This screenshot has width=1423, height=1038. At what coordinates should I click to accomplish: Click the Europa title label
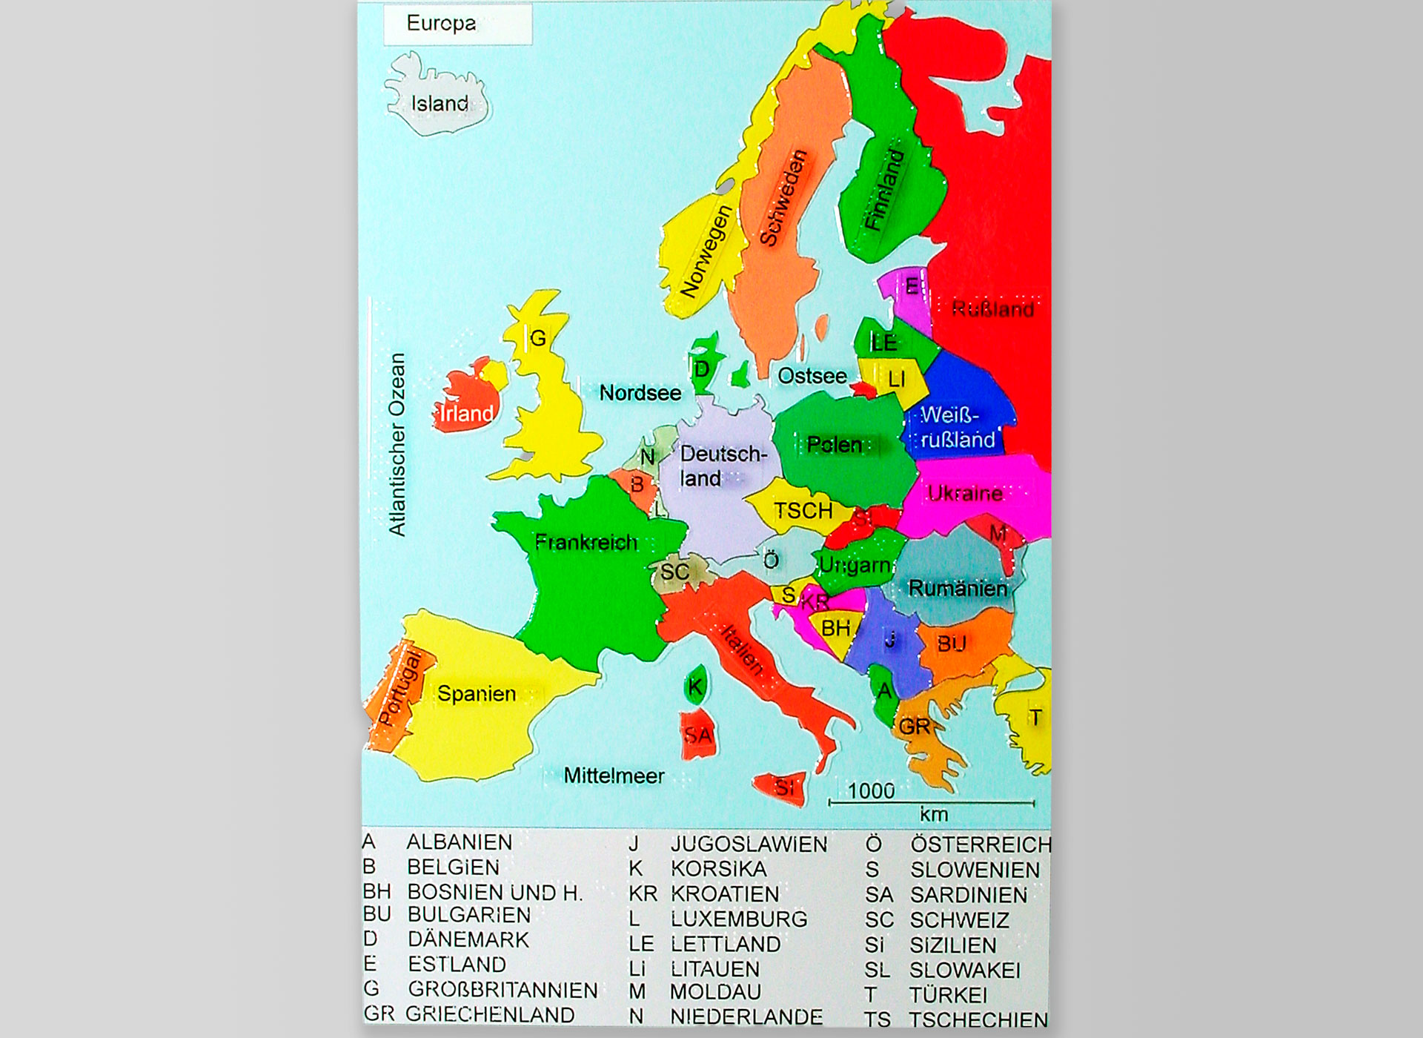click(x=441, y=24)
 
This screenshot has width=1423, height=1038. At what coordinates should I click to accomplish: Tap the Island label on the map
click(x=439, y=104)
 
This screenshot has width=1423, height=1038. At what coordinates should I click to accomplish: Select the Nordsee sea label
click(x=640, y=393)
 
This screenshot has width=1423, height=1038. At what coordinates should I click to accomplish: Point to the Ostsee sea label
click(x=812, y=376)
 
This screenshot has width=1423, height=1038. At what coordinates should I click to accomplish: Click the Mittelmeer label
click(x=614, y=776)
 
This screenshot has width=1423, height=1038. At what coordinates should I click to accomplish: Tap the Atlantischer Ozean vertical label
click(x=397, y=444)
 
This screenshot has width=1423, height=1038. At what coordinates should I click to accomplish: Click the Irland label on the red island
click(x=466, y=413)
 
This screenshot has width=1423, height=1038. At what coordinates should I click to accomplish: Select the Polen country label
click(x=835, y=445)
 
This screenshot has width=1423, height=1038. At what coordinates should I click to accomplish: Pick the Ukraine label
click(x=965, y=493)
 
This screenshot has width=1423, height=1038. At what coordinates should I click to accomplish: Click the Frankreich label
click(x=586, y=543)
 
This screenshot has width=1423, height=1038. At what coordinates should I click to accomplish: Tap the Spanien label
click(x=476, y=694)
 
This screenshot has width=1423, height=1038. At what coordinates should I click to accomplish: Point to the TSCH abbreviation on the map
click(x=803, y=511)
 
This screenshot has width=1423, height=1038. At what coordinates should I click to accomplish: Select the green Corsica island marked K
click(x=695, y=687)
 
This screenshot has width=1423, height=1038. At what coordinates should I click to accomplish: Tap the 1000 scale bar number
click(x=871, y=791)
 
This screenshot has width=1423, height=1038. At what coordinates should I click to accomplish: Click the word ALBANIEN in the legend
click(x=459, y=842)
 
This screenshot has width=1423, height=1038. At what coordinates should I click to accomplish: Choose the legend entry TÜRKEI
click(x=948, y=995)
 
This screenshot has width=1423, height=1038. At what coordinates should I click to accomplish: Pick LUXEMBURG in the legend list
click(x=739, y=919)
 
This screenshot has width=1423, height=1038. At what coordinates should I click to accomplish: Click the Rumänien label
click(x=958, y=589)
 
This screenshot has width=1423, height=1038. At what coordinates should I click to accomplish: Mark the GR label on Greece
click(x=915, y=727)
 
